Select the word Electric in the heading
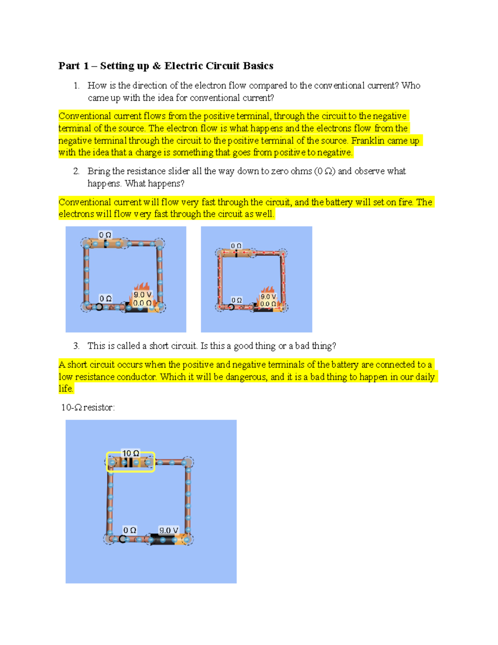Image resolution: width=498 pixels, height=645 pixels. click(x=183, y=66)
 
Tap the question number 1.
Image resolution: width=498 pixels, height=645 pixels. click(x=76, y=86)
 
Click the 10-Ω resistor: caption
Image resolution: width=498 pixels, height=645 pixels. click(x=88, y=407)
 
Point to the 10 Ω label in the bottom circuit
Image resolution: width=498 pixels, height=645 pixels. click(x=131, y=453)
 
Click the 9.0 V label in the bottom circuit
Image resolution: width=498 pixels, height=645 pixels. click(x=168, y=530)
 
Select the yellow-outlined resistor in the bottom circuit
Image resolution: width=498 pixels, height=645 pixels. click(x=131, y=462)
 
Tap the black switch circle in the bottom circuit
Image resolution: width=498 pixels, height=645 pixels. click(x=122, y=539)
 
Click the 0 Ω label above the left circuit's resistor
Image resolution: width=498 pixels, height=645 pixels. click(x=105, y=235)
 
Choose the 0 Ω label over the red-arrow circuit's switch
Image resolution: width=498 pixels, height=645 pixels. click(x=237, y=300)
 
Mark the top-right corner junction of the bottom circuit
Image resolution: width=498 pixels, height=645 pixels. click(x=188, y=462)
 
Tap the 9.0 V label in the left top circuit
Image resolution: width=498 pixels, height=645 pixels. click(x=142, y=295)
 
